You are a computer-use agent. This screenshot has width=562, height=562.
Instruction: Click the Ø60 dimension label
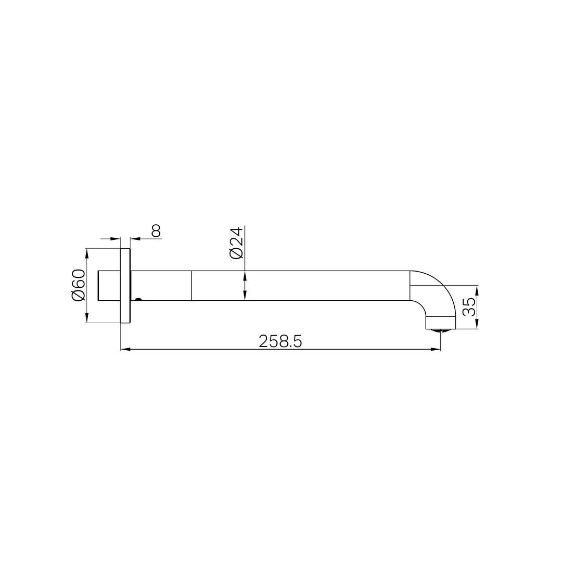click(78, 285)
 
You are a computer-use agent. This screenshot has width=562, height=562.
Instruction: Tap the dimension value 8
click(156, 231)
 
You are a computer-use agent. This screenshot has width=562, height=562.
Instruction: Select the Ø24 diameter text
click(236, 242)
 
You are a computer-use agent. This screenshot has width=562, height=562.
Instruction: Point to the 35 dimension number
click(469, 306)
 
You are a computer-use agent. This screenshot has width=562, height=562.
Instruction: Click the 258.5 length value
click(280, 341)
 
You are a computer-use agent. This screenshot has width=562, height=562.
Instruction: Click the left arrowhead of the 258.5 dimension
click(125, 349)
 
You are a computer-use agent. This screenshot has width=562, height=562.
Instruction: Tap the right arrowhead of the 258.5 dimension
click(437, 349)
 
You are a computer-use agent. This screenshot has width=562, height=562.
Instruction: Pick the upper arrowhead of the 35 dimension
click(477, 289)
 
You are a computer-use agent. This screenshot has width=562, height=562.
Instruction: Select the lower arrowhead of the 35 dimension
click(477, 325)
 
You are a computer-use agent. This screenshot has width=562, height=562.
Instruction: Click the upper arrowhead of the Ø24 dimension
click(245, 275)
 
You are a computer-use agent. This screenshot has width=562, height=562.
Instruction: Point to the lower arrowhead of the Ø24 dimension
click(245, 297)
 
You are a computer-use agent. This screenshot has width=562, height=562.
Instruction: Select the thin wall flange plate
click(125, 286)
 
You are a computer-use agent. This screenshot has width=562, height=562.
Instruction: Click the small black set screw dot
click(138, 299)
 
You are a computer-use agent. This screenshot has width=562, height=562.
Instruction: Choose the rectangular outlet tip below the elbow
click(440, 323)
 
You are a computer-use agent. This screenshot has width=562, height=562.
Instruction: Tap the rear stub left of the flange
click(109, 286)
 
